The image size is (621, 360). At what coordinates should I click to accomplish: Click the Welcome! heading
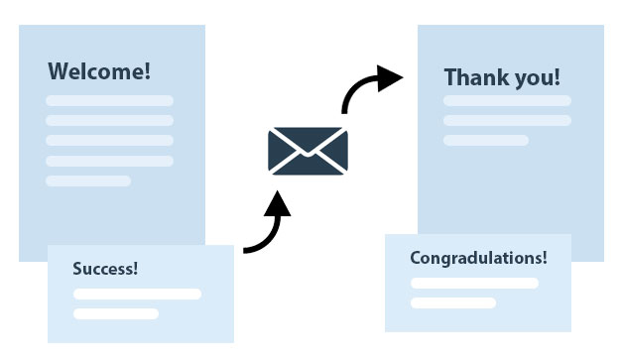99,71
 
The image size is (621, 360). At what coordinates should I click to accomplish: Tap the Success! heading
105,269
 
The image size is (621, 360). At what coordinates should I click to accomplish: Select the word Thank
473,77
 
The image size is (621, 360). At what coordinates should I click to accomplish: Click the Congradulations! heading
478,258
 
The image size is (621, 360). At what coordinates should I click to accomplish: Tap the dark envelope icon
308,151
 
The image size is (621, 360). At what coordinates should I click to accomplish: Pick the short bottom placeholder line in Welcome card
88,180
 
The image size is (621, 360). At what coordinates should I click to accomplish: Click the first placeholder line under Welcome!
109,100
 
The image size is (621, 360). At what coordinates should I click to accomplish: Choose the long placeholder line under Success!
137,294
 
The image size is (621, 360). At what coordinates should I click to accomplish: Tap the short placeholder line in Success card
115,313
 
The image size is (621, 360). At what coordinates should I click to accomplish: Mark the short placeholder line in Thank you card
485,140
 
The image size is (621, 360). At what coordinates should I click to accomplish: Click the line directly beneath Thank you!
507,100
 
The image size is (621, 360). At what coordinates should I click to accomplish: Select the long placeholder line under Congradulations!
474,283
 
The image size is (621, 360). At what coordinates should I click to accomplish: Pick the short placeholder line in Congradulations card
452,302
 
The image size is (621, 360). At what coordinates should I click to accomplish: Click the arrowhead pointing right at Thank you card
391,77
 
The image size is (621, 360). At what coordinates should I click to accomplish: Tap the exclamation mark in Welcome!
147,71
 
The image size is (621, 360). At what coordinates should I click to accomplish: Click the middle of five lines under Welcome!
109,140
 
